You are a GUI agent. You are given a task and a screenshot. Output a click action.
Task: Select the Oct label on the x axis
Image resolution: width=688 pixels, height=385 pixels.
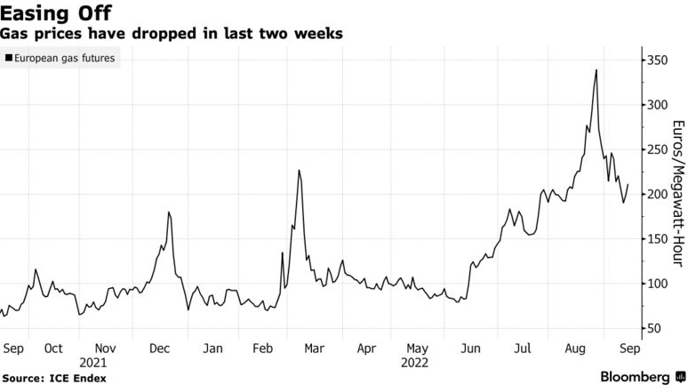pos(52,349)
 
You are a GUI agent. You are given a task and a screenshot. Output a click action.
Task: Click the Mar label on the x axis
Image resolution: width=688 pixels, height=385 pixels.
pos(314,349)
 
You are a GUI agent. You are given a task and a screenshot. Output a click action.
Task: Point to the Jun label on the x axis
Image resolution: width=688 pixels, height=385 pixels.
pos(470,349)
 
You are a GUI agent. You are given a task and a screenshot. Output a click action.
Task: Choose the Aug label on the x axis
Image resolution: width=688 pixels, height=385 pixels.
pos(575,349)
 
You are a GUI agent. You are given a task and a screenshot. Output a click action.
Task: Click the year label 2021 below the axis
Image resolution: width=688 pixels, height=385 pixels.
pos(92,363)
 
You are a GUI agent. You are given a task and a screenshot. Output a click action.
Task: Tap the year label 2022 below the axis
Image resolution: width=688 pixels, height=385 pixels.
pos(415,363)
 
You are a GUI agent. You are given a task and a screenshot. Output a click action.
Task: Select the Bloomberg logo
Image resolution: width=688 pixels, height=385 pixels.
pos(635,377)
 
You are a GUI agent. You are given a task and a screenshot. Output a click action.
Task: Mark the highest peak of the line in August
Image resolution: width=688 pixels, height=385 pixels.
pos(596,70)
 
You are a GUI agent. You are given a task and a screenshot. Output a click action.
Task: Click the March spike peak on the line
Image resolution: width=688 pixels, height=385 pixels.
pos(300,170)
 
